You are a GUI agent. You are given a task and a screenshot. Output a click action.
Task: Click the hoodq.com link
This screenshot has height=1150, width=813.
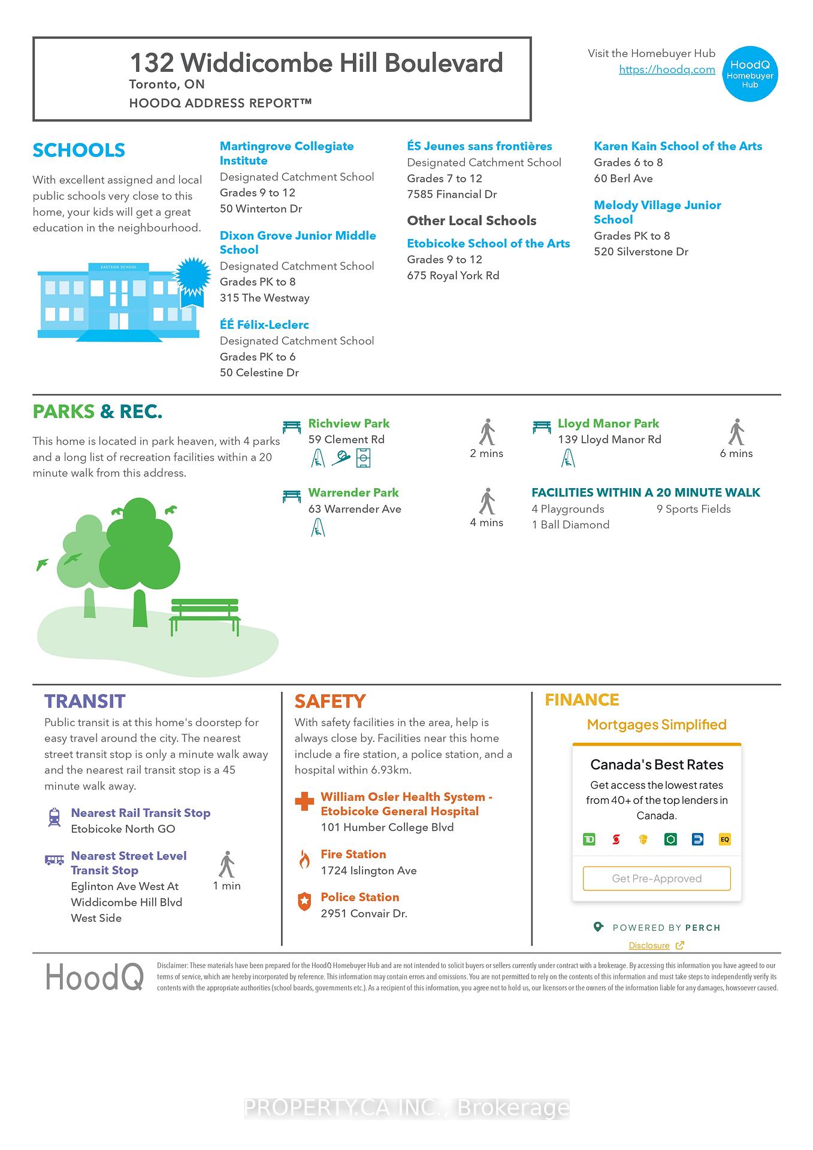(x=667, y=69)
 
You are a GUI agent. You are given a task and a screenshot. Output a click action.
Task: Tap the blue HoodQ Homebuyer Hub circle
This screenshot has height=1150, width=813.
(x=750, y=74)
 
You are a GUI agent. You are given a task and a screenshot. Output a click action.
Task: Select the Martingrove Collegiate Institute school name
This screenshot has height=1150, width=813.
(x=286, y=153)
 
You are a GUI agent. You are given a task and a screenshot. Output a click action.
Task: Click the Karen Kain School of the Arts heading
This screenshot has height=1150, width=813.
(x=678, y=146)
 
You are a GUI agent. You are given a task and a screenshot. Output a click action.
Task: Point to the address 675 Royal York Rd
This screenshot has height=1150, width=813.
(x=453, y=276)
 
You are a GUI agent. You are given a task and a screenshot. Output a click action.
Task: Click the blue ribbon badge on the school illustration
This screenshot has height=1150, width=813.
(x=192, y=277)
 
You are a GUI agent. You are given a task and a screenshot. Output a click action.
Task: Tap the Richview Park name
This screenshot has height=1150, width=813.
(x=349, y=423)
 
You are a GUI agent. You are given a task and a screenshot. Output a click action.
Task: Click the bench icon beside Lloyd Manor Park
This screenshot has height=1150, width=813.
(x=542, y=426)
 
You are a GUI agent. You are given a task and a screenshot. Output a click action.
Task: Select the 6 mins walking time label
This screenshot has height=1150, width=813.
(x=736, y=453)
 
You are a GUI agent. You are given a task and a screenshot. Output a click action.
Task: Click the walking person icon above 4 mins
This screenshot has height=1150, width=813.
(x=488, y=501)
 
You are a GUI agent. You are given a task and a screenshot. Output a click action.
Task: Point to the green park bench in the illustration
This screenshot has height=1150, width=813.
(x=205, y=616)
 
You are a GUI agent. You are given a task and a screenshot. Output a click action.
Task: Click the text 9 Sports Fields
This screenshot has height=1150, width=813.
(x=693, y=509)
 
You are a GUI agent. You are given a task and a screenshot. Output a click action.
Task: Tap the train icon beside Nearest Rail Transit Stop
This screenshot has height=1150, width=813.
(x=55, y=817)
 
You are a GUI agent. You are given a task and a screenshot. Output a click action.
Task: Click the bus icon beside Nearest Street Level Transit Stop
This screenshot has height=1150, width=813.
(x=55, y=860)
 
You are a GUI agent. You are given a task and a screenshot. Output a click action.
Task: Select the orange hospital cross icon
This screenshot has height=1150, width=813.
(x=304, y=801)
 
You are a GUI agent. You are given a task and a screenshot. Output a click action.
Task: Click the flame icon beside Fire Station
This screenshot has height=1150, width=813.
(x=304, y=860)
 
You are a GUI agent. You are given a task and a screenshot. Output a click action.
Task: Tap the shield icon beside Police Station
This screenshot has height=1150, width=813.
(x=304, y=901)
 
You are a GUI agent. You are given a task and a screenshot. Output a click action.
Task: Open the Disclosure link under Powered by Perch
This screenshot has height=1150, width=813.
(x=649, y=945)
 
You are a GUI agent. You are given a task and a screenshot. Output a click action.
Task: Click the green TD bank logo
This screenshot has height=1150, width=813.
(x=589, y=839)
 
